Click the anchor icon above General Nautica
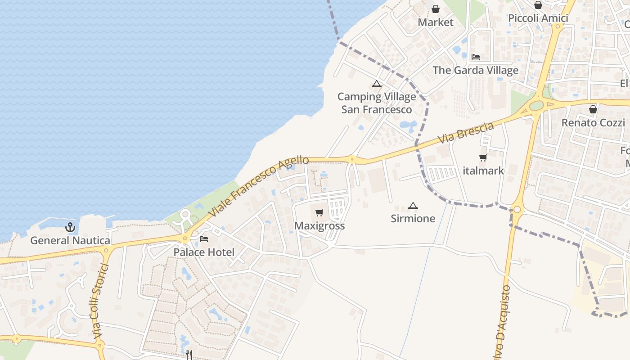click(70, 227)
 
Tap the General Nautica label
click(70, 241)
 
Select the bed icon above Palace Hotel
click(204, 238)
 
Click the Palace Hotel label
click(204, 252)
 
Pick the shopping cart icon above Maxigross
click(319, 212)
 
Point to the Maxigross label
click(319, 226)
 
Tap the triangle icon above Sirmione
click(413, 206)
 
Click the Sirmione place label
click(413, 219)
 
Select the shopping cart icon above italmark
click(483, 157)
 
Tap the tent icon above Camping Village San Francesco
click(377, 84)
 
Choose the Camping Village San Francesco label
click(377, 103)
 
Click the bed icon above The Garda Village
click(476, 57)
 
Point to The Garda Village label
click(476, 70)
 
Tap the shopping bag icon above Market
click(436, 9)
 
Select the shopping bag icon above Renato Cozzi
click(593, 109)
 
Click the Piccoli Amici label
click(538, 18)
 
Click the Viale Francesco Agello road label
click(259, 185)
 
